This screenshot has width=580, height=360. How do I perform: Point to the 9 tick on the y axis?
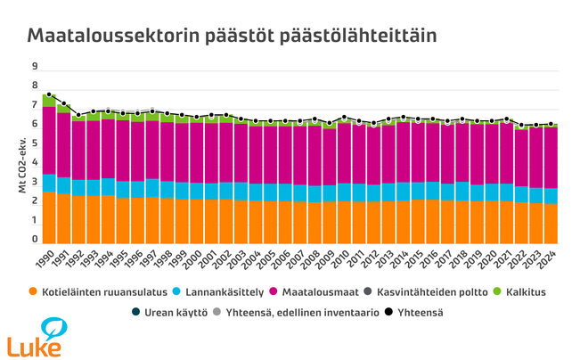pyautogui.click(x=34, y=67)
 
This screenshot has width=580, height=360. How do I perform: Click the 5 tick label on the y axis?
pyautogui.click(x=34, y=144)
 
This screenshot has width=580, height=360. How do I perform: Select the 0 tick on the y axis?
pyautogui.click(x=34, y=240)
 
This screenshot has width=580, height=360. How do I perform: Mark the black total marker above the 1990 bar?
pyautogui.click(x=49, y=94)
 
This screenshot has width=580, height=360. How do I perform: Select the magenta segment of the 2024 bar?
pyautogui.click(x=551, y=157)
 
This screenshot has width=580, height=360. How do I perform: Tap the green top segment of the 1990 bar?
pyautogui.click(x=49, y=101)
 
